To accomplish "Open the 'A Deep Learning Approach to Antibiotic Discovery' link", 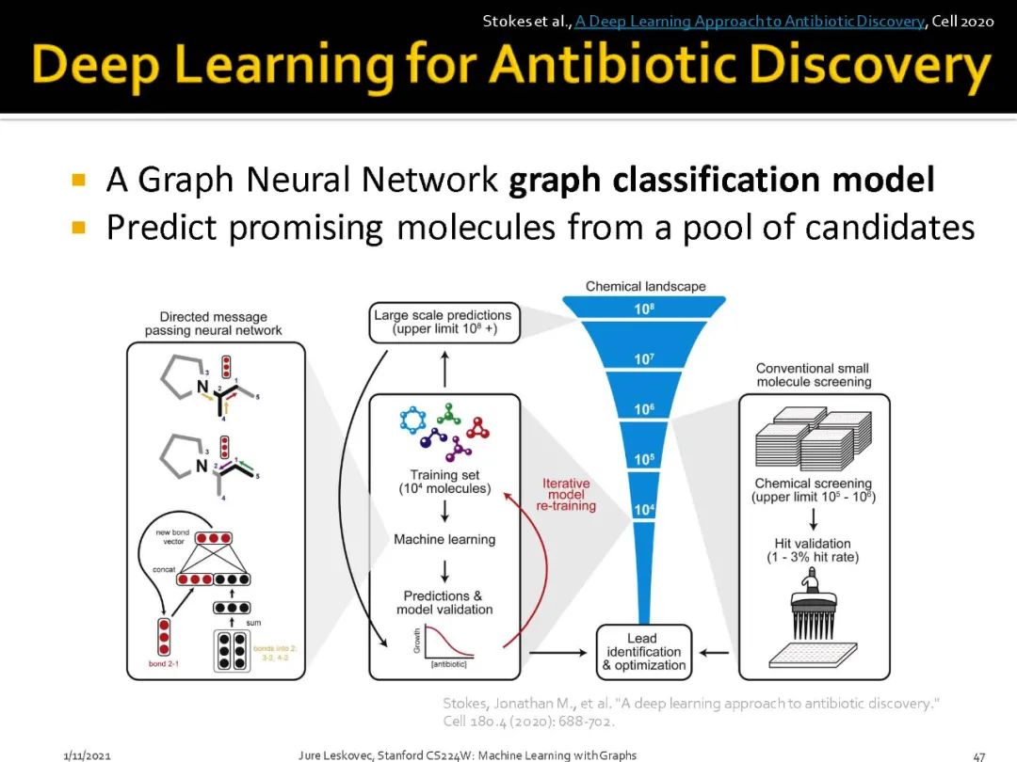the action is coord(750,21).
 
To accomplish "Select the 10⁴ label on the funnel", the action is coord(644,510).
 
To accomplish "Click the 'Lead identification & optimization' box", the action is coord(644,652).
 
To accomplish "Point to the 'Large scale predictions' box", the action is coord(443,322).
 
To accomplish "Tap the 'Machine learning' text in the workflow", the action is coord(444,540).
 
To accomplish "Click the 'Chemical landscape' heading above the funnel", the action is coord(645,286).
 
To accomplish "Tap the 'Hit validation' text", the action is coord(814,543).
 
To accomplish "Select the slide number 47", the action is coord(978,755).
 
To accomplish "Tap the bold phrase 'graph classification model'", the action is coord(721,181).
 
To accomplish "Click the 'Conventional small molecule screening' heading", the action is coord(814,375).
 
